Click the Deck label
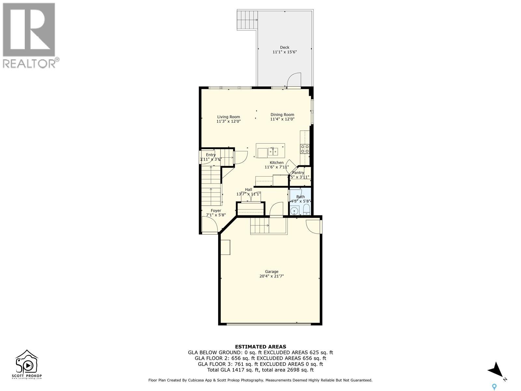coord(285,47)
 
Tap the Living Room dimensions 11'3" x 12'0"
coord(229,122)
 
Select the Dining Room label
coord(282,114)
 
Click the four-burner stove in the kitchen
coord(305,149)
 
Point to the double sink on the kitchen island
coord(273,152)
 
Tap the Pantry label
coord(298,173)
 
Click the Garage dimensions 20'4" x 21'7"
coord(272,276)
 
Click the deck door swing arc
coord(294,80)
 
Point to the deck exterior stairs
coord(247,20)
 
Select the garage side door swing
coord(313,226)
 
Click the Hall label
coord(248,189)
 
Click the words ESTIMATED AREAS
coord(260,347)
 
